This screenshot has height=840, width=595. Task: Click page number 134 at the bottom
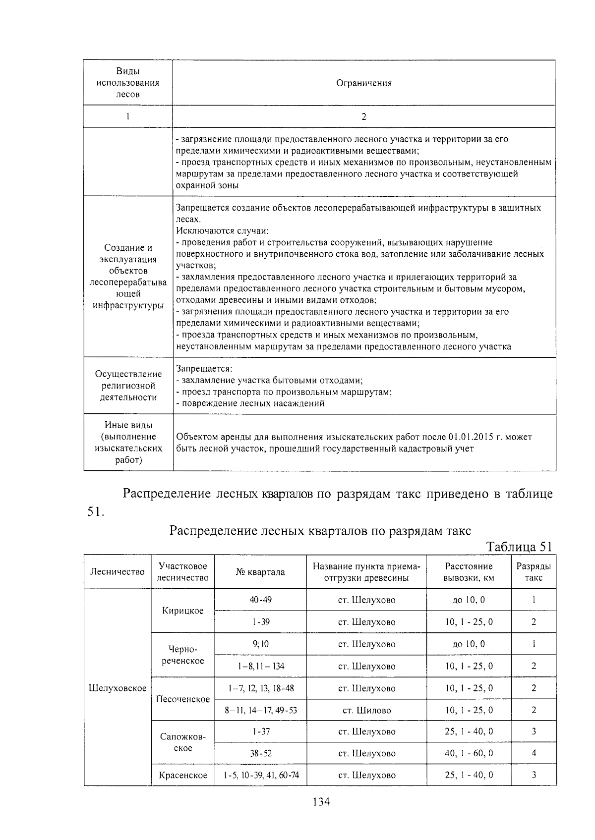[x=321, y=802]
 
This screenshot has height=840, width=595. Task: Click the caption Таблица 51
[x=519, y=547]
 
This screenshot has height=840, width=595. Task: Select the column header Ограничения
[x=364, y=83]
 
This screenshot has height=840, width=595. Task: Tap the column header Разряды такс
[x=534, y=572]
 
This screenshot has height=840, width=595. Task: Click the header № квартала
[x=260, y=572]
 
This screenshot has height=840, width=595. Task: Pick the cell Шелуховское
[x=118, y=688]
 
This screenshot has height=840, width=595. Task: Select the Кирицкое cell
[x=183, y=611]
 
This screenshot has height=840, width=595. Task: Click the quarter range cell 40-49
[x=260, y=600]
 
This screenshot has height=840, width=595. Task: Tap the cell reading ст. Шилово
[x=366, y=710]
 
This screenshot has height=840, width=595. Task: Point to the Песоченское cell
[x=183, y=699]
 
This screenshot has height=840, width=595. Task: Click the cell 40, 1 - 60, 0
[x=469, y=753]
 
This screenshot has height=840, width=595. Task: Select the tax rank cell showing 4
[x=534, y=753]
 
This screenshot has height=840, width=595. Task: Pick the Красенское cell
[x=183, y=775]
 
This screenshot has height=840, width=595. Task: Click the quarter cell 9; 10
[x=260, y=644]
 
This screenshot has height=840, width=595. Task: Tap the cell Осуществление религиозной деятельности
[x=128, y=386]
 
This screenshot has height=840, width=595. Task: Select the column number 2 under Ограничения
[x=364, y=117]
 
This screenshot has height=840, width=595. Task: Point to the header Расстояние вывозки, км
[x=469, y=572]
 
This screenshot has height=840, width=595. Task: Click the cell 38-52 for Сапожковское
[x=260, y=753]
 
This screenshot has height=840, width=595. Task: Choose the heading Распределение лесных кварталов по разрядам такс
[x=320, y=531]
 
